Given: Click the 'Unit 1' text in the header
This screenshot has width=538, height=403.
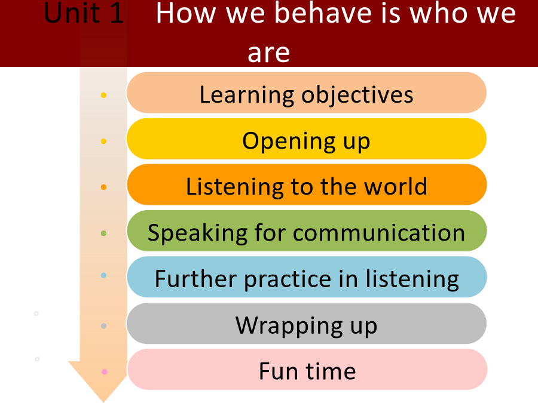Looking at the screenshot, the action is [x=84, y=13].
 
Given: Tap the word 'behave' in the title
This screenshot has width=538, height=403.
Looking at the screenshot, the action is [x=323, y=13].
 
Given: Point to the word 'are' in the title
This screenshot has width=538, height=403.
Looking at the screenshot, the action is [x=268, y=53].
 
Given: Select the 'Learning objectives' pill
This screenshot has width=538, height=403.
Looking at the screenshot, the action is [x=307, y=93].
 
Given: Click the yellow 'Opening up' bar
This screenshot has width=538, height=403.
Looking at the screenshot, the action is [x=307, y=139].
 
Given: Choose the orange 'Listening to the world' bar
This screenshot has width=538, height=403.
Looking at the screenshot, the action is [x=307, y=184].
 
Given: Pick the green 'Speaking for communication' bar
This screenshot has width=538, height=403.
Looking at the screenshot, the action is [x=307, y=230].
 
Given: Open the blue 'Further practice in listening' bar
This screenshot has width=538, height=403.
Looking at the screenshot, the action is [x=307, y=277].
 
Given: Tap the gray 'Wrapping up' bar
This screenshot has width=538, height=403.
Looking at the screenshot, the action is [x=307, y=323].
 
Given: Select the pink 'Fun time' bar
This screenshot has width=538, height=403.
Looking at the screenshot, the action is [x=307, y=370].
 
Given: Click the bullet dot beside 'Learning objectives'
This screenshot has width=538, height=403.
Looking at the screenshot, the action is [x=103, y=96].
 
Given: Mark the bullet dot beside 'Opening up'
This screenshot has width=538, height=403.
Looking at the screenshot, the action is [x=103, y=141].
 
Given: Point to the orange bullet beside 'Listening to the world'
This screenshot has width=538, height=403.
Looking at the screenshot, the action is [x=103, y=187].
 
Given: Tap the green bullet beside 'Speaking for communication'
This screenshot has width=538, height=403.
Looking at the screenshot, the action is [x=103, y=233].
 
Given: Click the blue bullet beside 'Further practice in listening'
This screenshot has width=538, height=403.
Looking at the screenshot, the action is [x=103, y=275].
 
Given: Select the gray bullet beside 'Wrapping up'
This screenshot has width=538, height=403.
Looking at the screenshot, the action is [x=103, y=326].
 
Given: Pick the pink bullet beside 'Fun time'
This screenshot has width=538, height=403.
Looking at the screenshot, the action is [x=105, y=372].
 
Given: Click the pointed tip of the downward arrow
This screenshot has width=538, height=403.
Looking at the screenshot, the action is [x=103, y=402].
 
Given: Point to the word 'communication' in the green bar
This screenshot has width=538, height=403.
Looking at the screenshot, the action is [x=379, y=233].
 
